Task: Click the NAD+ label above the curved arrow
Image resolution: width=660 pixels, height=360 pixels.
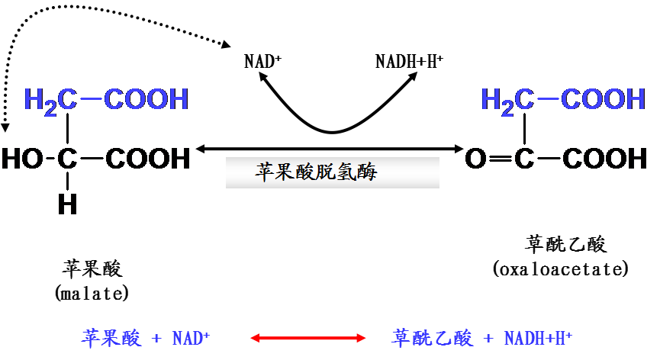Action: pos(262,61)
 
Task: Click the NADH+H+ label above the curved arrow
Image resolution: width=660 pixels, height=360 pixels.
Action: pos(410,61)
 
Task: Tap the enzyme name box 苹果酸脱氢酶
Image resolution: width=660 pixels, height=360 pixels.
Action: pos(332,172)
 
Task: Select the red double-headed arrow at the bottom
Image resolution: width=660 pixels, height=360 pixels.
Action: pos(308,338)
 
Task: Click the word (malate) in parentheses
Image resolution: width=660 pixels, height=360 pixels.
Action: pos(92,293)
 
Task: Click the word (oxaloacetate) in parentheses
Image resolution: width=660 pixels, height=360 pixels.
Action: pos(562,268)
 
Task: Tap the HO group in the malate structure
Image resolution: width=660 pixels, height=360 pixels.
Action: pos(23,159)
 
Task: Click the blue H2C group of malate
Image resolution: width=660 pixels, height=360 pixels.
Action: pos(50,100)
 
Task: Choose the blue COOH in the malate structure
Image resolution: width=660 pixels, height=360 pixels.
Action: pos(146,99)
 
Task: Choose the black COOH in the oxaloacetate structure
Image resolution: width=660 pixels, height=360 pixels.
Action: pos(604,159)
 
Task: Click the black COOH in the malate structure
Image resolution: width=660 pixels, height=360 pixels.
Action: pos(147,159)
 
